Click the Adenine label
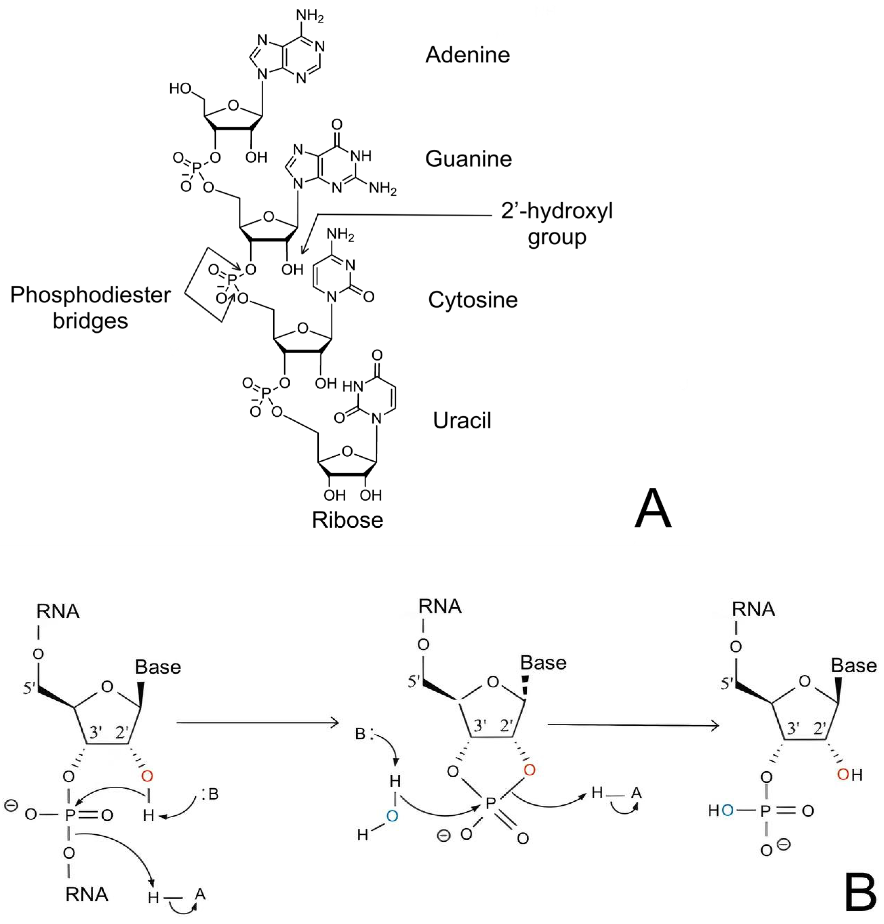[467, 55]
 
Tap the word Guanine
[468, 159]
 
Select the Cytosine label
[472, 300]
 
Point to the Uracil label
[462, 421]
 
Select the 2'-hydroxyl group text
[557, 224]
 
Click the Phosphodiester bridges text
[90, 308]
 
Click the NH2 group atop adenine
[310, 16]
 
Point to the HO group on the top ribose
[181, 89]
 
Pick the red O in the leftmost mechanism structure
[147, 776]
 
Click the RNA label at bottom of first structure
[87, 894]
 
